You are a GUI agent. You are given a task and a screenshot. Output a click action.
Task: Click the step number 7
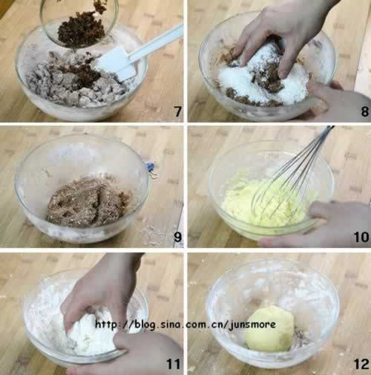(x=178, y=111)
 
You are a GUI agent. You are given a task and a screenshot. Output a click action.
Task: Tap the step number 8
(x=365, y=111)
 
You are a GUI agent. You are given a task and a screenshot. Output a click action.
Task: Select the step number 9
(x=177, y=237)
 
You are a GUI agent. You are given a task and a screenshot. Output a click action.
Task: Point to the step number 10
(x=361, y=237)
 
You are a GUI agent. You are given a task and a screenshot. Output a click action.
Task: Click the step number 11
(x=174, y=364)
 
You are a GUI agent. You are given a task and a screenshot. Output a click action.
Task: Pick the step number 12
(x=361, y=364)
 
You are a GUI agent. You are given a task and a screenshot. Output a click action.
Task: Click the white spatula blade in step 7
(x=116, y=65)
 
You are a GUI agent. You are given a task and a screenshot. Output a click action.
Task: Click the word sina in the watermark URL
(x=172, y=325)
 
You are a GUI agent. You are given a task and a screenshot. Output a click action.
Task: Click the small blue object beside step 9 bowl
(x=150, y=166)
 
